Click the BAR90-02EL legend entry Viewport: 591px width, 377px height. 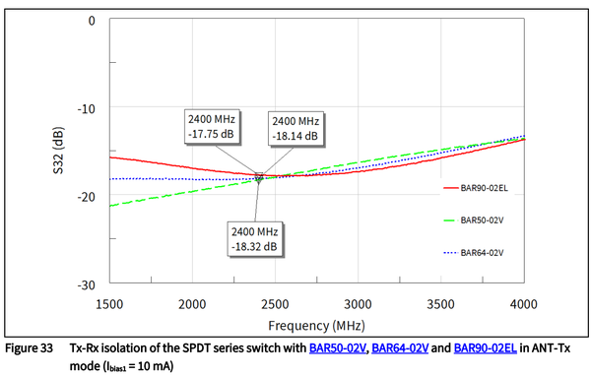tap(476, 185)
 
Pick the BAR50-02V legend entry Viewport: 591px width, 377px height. tap(477, 220)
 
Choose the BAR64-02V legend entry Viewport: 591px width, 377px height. tap(477, 253)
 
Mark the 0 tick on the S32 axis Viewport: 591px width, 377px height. tap(91, 20)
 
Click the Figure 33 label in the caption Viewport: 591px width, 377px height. tap(33, 349)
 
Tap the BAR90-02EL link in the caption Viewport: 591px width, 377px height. tap(490, 349)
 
